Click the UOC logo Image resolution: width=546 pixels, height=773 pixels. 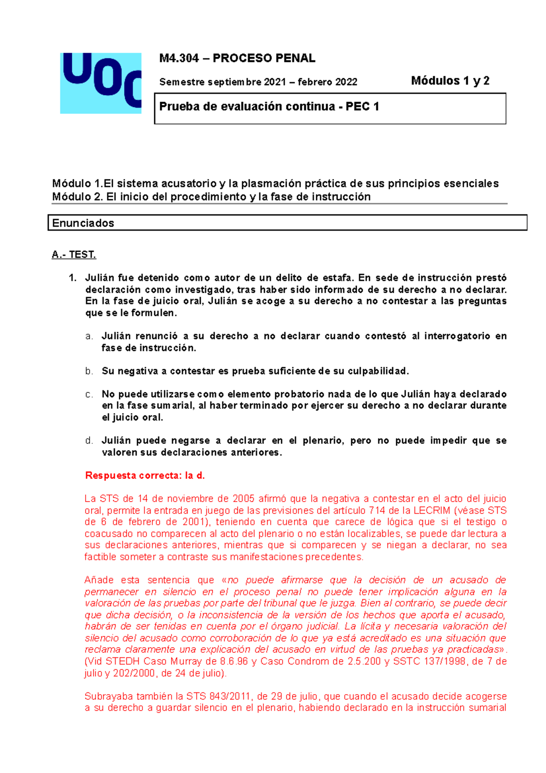pos(101,83)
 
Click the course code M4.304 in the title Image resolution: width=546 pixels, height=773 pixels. pos(179,58)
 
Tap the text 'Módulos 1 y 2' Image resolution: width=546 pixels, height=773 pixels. pos(450,81)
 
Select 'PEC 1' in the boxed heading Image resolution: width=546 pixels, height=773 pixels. pos(362,107)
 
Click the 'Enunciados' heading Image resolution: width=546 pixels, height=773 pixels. pos(83,223)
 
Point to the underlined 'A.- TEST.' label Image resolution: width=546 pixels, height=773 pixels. pos(74,254)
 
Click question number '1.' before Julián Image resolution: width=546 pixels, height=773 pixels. pos(73,278)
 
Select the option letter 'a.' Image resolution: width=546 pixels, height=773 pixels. pos(89,336)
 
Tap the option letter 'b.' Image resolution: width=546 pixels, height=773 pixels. pos(89,371)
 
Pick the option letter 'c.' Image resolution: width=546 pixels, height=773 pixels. pos(89,394)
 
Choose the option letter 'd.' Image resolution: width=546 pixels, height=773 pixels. pos(89,441)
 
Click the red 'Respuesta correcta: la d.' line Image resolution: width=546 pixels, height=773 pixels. pos(145,476)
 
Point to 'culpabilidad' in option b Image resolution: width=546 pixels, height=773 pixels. pos(378,371)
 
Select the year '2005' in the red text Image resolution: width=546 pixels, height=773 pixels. pos(243,499)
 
